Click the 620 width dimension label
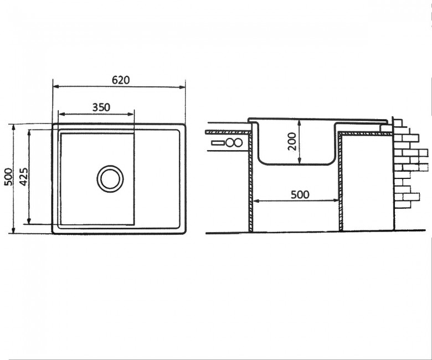121,80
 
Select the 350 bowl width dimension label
101,107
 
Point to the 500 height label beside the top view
8,177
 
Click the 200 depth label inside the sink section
292,141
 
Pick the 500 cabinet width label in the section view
300,194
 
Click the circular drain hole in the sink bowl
110,179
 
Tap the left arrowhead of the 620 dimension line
56,86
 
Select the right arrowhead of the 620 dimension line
182,88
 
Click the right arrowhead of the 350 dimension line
131,114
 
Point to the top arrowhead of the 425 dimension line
29,133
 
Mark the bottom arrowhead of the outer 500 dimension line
13,230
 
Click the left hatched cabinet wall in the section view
250,182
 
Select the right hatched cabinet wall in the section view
341,182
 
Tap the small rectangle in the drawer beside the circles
218,143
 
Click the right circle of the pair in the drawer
238,143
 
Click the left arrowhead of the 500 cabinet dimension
256,201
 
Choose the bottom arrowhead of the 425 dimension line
29,220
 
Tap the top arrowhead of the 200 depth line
300,123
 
